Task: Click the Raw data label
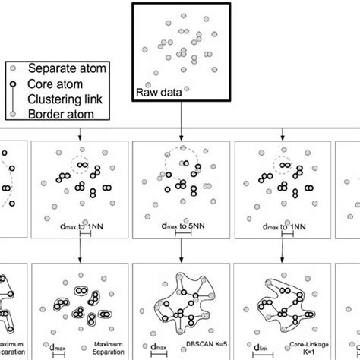pyautogui.click(x=156, y=93)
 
